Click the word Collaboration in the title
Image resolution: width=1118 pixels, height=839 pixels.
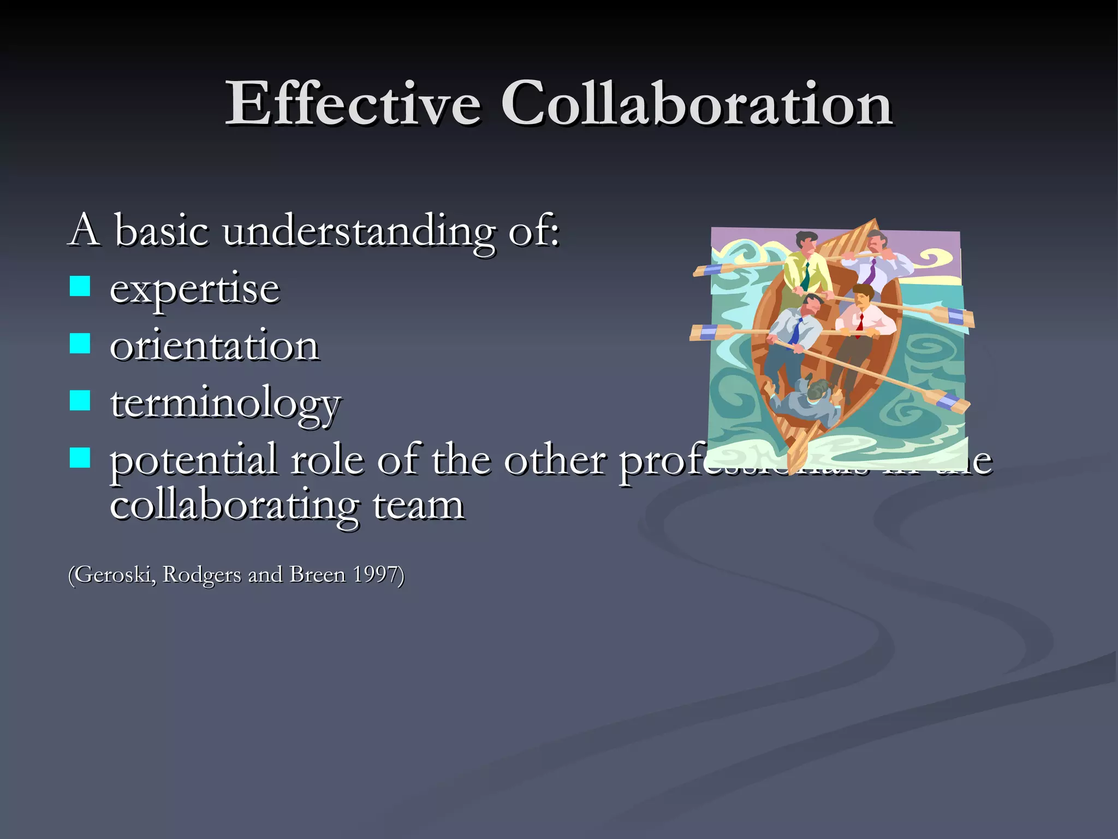pyautogui.click(x=697, y=104)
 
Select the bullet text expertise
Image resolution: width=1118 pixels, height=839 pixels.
pyautogui.click(x=195, y=289)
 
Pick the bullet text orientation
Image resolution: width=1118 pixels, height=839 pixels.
pyautogui.click(x=215, y=346)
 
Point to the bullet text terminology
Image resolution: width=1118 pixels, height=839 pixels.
pyautogui.click(x=225, y=404)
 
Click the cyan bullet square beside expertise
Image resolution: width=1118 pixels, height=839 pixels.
pyautogui.click(x=80, y=286)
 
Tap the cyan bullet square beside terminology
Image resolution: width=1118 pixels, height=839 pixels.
pyautogui.click(x=80, y=400)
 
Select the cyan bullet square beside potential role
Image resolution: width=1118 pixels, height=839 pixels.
pyautogui.click(x=80, y=458)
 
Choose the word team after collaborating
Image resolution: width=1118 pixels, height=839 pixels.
pyautogui.click(x=418, y=506)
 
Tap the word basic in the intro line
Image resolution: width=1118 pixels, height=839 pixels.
pyautogui.click(x=162, y=231)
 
